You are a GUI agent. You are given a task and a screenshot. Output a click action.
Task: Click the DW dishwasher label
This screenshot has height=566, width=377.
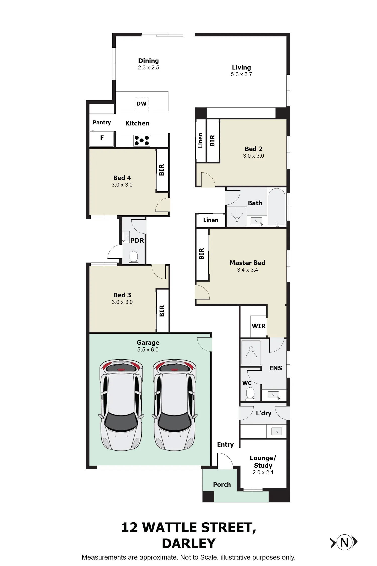tap(141, 104)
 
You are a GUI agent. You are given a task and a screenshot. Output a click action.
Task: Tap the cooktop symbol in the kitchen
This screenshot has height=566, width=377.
tap(142, 141)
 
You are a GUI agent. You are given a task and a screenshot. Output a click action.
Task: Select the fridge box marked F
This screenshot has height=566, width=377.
tap(102, 139)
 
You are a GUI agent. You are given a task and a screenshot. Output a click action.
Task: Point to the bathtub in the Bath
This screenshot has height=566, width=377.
tap(277, 207)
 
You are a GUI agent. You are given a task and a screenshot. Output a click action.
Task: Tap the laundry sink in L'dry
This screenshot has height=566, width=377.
tap(276, 431)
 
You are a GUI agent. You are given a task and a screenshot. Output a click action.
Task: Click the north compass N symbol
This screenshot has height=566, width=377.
tap(344, 543)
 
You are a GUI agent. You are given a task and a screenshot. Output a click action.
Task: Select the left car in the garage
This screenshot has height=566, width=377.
tap(122, 405)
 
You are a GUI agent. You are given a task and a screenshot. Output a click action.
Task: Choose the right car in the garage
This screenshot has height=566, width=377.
tap(175, 405)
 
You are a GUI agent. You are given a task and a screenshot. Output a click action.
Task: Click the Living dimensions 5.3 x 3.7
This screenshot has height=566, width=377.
tap(241, 74)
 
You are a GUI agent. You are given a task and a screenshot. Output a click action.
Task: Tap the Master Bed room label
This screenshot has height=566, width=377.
tap(248, 263)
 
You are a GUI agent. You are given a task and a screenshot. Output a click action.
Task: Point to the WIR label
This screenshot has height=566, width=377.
tap(259, 326)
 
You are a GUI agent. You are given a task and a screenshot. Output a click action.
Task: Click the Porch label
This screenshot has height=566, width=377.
tap(222, 485)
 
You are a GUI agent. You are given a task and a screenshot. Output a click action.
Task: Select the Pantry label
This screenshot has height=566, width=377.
tap(102, 123)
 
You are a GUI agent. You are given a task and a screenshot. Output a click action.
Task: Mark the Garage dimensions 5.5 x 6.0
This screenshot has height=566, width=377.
tap(148, 350)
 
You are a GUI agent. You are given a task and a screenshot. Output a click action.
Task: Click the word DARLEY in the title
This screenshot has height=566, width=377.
tap(189, 543)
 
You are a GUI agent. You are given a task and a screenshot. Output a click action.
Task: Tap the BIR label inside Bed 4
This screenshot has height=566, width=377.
tap(162, 170)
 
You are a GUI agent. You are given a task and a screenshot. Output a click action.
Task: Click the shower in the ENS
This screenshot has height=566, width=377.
tap(251, 353)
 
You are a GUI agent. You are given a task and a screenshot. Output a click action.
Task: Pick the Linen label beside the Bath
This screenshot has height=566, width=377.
tap(211, 220)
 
